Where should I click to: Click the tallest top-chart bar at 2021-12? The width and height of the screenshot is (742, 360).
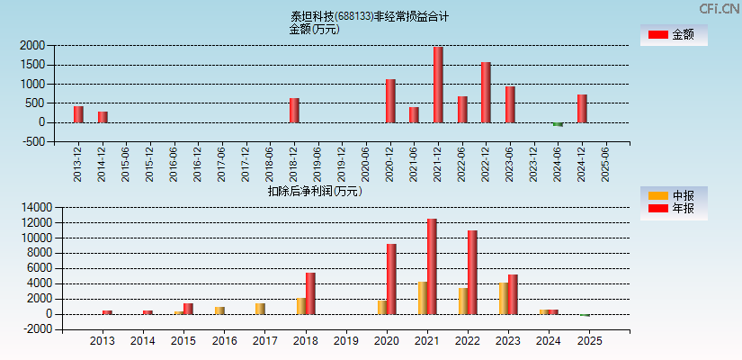click(438, 85)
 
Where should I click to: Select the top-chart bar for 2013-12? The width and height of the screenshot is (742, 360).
click(78, 114)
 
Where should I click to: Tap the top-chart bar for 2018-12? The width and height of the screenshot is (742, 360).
click(294, 110)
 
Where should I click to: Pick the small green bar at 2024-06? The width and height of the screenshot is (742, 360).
click(558, 124)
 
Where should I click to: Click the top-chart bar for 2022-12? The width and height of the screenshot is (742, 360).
click(486, 92)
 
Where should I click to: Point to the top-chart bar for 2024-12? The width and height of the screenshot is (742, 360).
click(582, 108)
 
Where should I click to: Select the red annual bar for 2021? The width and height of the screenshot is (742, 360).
click(432, 266)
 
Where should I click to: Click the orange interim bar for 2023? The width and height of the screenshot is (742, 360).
click(504, 298)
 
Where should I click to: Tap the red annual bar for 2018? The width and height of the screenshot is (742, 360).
click(310, 293)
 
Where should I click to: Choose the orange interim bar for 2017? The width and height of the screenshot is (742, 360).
click(260, 309)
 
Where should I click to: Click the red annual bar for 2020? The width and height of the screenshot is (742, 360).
click(391, 279)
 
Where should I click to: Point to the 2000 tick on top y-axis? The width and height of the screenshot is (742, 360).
click(33, 45)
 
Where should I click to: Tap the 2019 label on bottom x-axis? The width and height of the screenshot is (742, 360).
click(345, 341)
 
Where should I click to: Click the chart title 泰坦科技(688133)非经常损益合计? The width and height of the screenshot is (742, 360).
click(370, 16)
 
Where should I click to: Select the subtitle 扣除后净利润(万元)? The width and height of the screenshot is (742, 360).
click(314, 191)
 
